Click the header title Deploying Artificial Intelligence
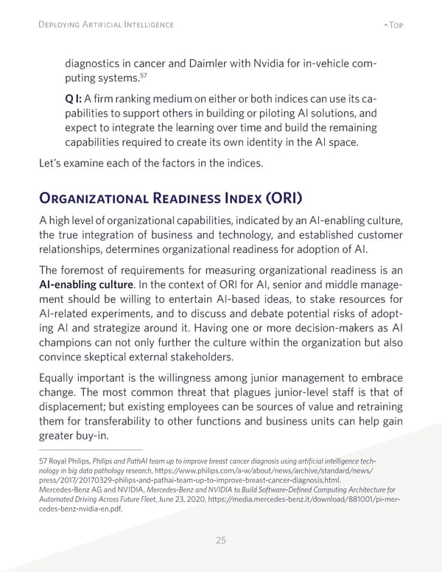point(106,24)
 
